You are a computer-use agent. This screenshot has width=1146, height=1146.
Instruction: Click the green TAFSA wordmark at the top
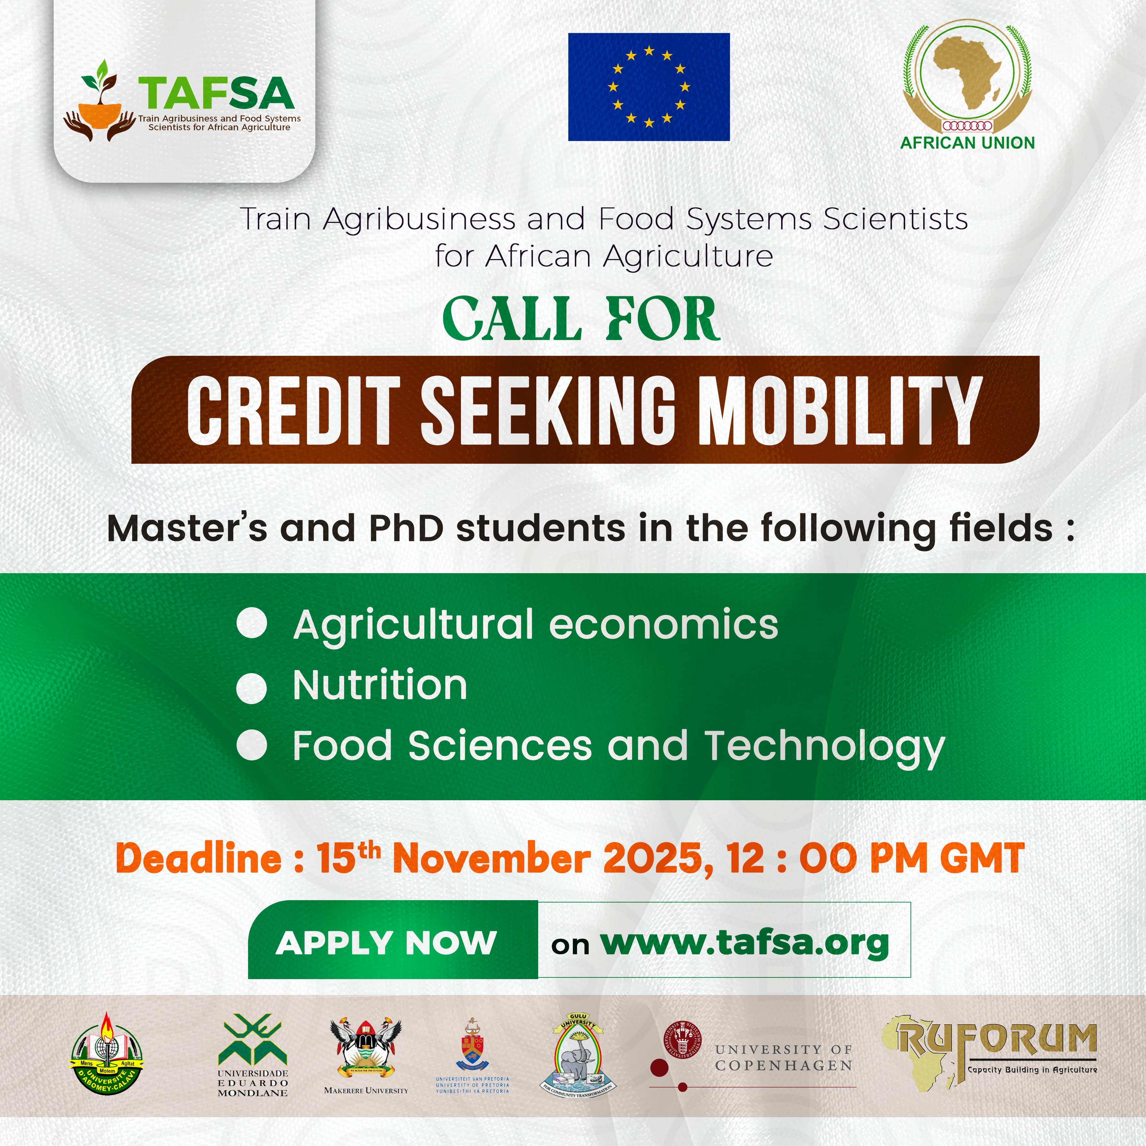point(216,93)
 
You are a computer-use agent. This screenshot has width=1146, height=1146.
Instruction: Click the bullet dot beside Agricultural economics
point(252,624)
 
